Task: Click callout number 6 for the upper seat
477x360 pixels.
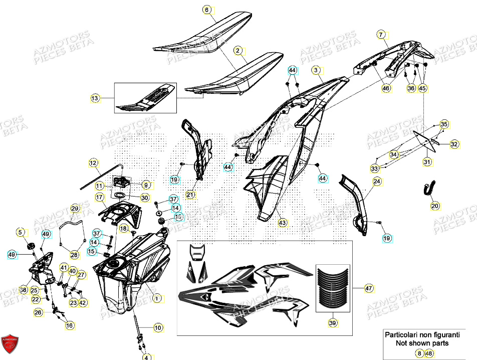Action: pos(206,10)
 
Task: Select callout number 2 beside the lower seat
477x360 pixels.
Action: pos(237,51)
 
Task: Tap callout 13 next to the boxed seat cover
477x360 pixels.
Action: pos(95,98)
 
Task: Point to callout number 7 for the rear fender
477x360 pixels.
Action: pos(381,35)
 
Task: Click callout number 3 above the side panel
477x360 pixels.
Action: pos(316,71)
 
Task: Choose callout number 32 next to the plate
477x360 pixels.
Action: pos(454,144)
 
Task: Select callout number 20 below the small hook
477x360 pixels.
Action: pos(435,206)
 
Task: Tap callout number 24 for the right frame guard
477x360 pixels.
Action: pos(376,181)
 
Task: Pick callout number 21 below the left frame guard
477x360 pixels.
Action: pos(190,195)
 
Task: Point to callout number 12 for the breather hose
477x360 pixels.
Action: pos(93,162)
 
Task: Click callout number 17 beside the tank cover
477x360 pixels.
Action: pos(99,198)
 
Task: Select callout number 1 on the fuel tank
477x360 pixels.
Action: pos(157,298)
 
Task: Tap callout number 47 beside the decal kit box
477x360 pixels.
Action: pos(369,289)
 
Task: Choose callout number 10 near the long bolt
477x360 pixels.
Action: pos(158,328)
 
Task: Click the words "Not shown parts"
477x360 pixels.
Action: pos(422,343)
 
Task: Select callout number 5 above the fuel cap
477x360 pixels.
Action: pos(21,232)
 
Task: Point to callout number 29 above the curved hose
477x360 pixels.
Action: pos(74,208)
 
